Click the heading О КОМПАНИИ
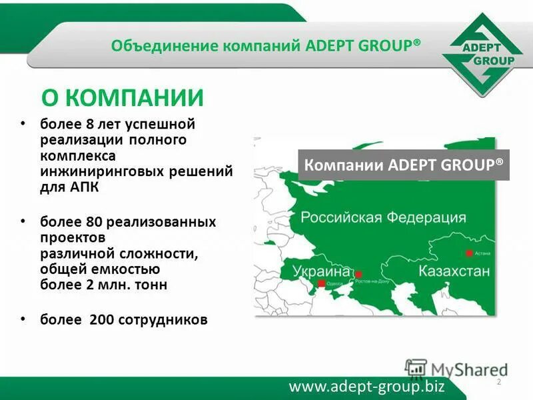tap(122, 98)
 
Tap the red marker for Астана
tap(469, 253)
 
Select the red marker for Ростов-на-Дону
tap(358, 274)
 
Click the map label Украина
tap(321, 271)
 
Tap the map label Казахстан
tap(454, 271)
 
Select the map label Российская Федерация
tap(382, 218)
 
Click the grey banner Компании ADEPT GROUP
tap(404, 165)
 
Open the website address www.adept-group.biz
tap(366, 386)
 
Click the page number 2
tap(498, 381)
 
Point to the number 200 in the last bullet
tap(101, 320)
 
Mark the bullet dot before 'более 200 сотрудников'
tap(25, 319)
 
